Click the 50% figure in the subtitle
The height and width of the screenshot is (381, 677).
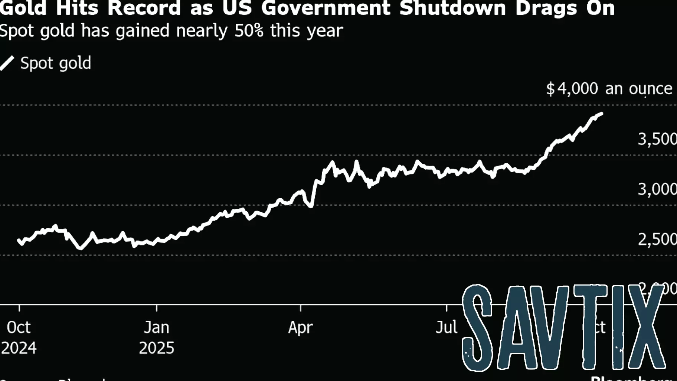249,30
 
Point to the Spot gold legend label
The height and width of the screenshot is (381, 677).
56,63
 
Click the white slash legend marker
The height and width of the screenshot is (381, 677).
7,63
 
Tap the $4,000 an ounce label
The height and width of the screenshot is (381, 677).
609,89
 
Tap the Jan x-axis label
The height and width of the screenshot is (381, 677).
157,328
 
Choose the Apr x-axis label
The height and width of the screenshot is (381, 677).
301,328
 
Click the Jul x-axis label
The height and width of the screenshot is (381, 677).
446,328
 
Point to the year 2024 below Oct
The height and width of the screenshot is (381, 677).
19,348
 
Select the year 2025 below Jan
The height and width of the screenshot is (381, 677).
157,348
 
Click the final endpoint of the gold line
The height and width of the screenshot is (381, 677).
601,114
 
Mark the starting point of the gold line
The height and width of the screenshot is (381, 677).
19,240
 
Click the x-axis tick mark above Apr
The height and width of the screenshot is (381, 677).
301,308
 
